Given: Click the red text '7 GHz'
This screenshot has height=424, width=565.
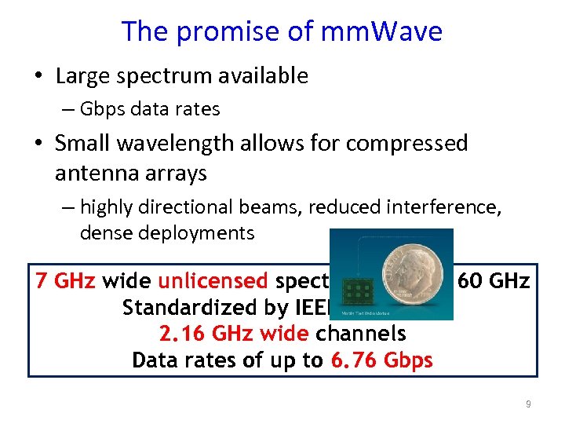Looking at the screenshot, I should (67, 281).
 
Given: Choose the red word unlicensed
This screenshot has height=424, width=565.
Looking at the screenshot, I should (213, 281).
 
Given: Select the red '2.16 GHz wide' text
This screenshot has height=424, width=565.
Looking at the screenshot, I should (234, 334).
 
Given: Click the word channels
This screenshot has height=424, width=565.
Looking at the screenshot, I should (361, 334).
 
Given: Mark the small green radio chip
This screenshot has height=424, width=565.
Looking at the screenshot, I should (357, 293).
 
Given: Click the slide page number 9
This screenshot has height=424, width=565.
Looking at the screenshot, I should (528, 404).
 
